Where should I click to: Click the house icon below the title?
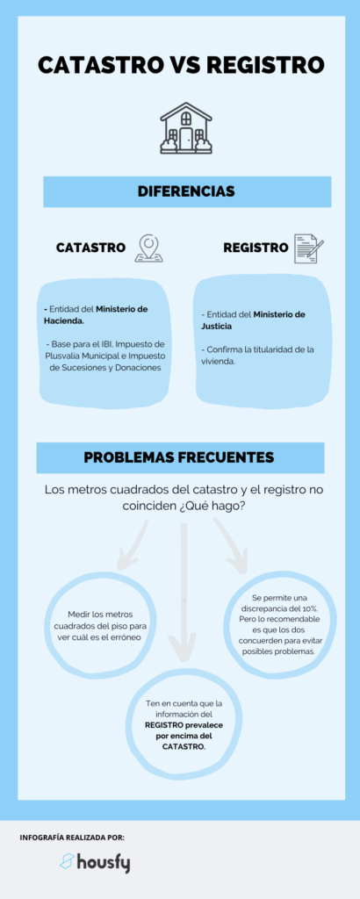click(x=186, y=127)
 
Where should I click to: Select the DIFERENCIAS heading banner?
click(x=187, y=191)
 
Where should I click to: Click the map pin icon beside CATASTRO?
click(x=148, y=248)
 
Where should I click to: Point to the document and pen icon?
click(x=308, y=248)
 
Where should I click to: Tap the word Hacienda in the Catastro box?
click(x=64, y=320)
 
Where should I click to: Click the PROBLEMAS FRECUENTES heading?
click(x=179, y=457)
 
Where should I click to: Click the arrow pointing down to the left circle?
click(x=132, y=543)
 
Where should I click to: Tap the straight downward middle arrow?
click(x=184, y=591)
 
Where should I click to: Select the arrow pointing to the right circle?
click(x=230, y=544)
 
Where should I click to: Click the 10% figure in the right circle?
click(x=310, y=608)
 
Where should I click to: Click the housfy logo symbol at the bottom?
click(x=67, y=860)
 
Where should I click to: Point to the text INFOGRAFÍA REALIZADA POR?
click(x=72, y=837)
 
